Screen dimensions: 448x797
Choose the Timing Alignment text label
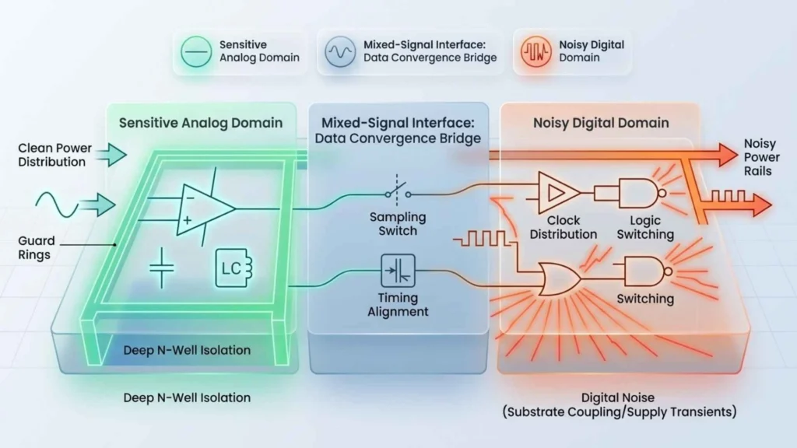[x=398, y=304]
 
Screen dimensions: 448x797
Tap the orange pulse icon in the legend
[x=532, y=52]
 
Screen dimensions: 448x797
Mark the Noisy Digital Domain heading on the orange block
[x=601, y=123]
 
